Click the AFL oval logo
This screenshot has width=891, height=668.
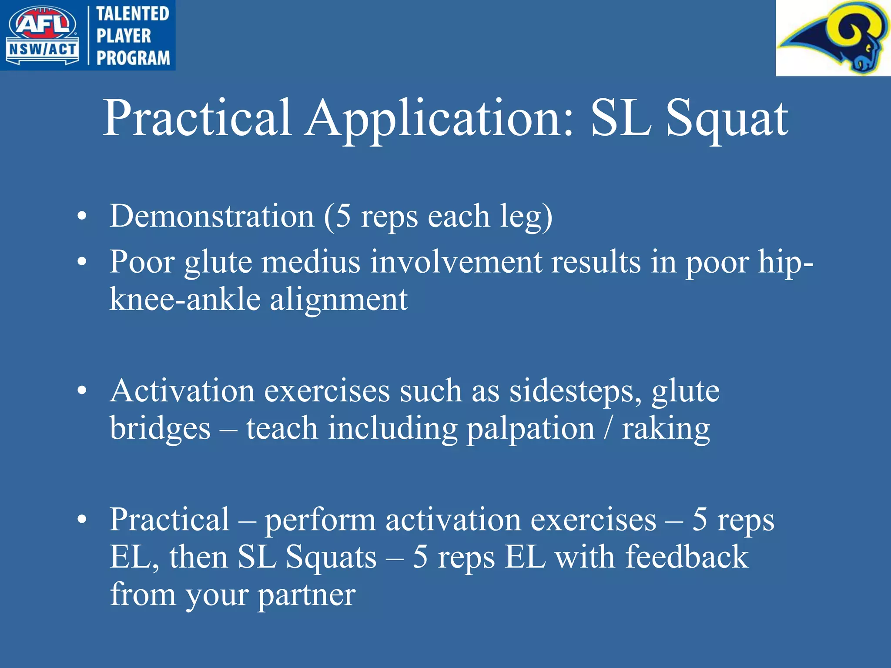[43, 23]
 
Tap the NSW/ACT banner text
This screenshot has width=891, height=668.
[43, 50]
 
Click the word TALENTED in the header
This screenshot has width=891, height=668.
[133, 14]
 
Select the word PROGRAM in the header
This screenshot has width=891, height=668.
[133, 58]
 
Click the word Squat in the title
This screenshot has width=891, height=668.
[727, 118]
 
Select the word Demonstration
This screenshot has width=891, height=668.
[211, 216]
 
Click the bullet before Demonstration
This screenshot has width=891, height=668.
[82, 216]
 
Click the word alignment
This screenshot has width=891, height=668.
[338, 300]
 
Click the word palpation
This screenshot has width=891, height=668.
[530, 429]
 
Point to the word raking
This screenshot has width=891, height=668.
[666, 429]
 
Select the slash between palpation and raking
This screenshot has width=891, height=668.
[608, 429]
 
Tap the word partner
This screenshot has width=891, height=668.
[306, 595]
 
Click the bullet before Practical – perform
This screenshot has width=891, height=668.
[82, 520]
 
